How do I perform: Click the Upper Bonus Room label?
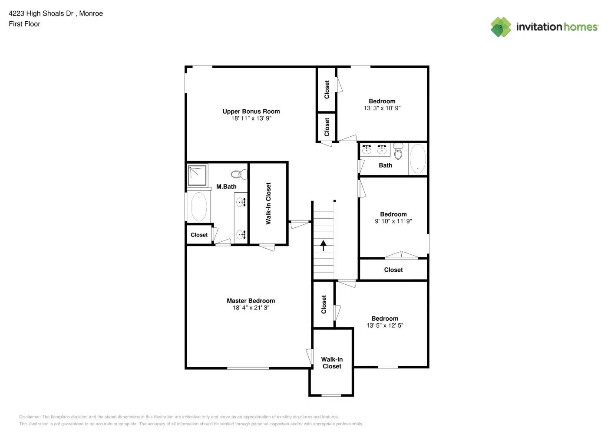tap(251, 111)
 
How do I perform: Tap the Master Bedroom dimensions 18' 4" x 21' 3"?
tap(251, 308)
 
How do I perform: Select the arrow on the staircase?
tap(324, 246)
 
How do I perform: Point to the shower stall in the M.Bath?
tap(197, 175)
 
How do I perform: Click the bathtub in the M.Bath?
tap(199, 207)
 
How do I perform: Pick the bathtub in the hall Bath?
tap(418, 159)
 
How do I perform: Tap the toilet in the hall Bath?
tap(398, 152)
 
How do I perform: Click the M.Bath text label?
tap(226, 187)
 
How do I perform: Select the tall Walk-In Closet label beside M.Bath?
tap(268, 203)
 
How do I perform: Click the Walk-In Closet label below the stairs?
tap(332, 363)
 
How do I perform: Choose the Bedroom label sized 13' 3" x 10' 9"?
tap(382, 101)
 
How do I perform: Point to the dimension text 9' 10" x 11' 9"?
tap(393, 221)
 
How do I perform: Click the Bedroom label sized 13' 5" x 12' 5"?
tap(385, 319)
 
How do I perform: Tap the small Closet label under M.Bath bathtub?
tap(199, 235)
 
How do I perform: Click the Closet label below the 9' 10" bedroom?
tap(393, 270)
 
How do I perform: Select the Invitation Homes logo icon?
tap(501, 27)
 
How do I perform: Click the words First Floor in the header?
tap(24, 24)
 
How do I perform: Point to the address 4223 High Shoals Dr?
tap(41, 13)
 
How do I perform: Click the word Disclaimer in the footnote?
tap(29, 417)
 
